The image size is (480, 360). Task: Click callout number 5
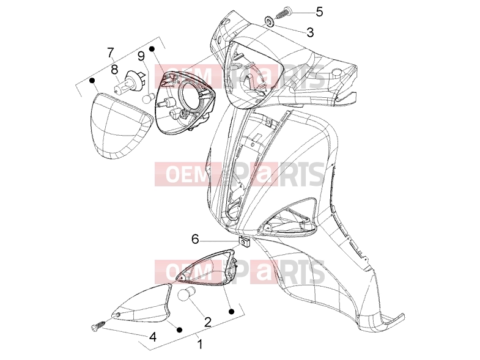[319, 12]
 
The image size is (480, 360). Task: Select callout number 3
[310, 32]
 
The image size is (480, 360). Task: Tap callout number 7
[111, 53]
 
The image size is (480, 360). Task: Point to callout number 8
[114, 70]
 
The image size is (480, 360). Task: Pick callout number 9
[141, 56]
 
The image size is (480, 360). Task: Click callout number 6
[195, 239]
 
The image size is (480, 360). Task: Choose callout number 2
[207, 321]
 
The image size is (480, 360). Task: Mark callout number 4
[153, 337]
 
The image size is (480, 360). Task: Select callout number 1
[199, 343]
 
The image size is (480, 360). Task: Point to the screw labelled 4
[98, 325]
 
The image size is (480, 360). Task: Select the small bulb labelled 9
[149, 98]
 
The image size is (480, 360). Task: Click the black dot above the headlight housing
[152, 49]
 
